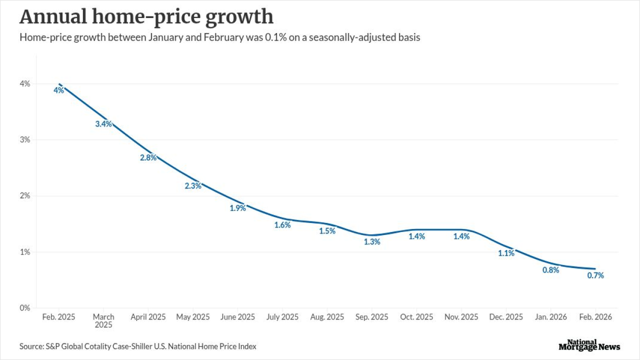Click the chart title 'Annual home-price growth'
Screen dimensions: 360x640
(146, 17)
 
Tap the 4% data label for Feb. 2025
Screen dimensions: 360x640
(59, 90)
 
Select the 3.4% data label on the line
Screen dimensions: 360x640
(103, 124)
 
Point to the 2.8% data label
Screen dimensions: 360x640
(148, 157)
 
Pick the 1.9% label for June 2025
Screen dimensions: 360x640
(238, 208)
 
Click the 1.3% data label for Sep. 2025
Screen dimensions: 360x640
(372, 241)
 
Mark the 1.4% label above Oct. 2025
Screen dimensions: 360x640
(416, 236)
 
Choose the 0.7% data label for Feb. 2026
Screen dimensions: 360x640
(595, 275)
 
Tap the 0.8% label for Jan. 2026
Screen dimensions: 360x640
(550, 270)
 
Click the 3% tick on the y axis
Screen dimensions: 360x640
(25, 140)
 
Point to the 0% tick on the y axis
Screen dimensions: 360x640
(25, 308)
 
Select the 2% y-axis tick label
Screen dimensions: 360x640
(25, 196)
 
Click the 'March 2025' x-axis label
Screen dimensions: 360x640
(103, 320)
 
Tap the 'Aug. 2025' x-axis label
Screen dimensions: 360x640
(327, 317)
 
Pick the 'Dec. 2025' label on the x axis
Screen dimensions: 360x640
(506, 317)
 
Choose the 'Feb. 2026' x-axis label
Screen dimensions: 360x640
(595, 317)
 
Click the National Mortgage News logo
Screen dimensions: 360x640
(589, 345)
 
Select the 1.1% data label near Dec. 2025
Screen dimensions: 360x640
(506, 253)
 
